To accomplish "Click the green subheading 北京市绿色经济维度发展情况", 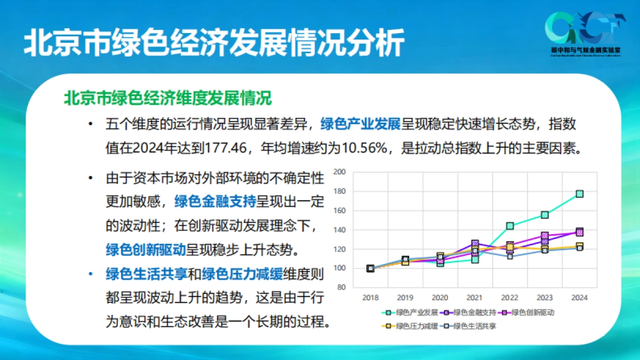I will pyautogui.click(x=167, y=99).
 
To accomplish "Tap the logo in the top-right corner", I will pyautogui.click(x=584, y=33).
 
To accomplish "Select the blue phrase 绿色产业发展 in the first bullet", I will pyautogui.click(x=360, y=124).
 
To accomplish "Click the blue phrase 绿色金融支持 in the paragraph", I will pyautogui.click(x=215, y=201).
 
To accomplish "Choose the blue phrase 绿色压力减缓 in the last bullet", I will pyautogui.click(x=243, y=274).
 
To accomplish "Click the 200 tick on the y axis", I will pyautogui.click(x=340, y=172).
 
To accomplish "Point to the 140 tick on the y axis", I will pyautogui.click(x=340, y=230).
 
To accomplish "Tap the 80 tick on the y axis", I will pyautogui.click(x=342, y=287).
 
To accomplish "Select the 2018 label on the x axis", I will pyautogui.click(x=370, y=298).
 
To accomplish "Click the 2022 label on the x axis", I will pyautogui.click(x=510, y=298).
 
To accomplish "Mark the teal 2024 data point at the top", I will pyautogui.click(x=579, y=194).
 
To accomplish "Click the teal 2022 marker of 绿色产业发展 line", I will pyautogui.click(x=510, y=226).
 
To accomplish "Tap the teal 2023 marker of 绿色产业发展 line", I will pyautogui.click(x=545, y=215).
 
